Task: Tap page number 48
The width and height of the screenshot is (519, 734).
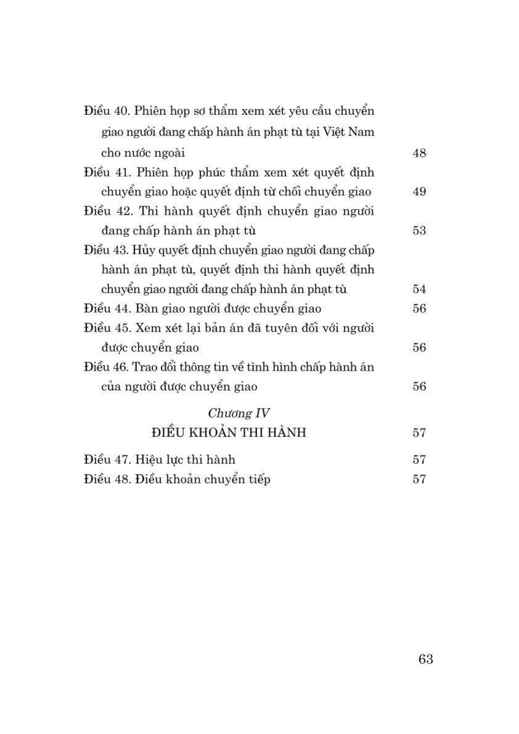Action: click(419, 154)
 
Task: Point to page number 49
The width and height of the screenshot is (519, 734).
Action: click(419, 192)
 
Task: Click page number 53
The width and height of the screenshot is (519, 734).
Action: click(419, 230)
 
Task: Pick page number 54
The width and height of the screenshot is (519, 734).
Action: click(419, 289)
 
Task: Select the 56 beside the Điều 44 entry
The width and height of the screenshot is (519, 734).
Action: click(419, 309)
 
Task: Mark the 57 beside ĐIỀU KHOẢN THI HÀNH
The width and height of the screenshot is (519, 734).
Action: click(419, 433)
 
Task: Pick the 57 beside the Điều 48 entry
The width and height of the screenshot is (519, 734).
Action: click(419, 480)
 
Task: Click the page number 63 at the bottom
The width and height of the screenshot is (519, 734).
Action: click(426, 659)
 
